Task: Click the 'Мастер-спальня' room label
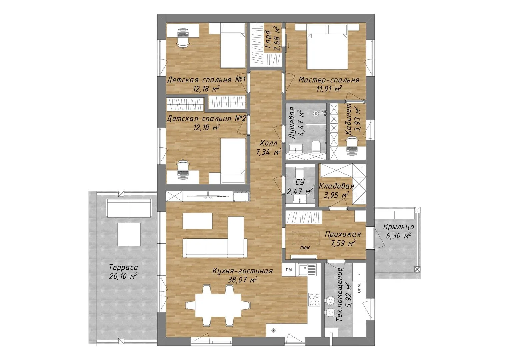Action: (329, 80)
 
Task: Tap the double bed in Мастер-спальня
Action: (327, 47)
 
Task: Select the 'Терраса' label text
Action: (124, 267)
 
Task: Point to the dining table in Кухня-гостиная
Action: (218, 305)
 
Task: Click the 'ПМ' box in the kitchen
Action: (289, 270)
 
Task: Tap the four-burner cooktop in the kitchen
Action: (314, 299)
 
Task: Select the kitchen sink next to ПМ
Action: (307, 270)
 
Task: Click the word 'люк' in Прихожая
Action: (304, 248)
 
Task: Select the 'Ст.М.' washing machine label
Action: (359, 291)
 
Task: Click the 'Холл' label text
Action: (268, 143)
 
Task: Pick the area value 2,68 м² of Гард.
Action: (277, 38)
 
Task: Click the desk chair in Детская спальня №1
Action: (183, 42)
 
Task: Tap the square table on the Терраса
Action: (129, 234)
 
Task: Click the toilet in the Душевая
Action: (316, 147)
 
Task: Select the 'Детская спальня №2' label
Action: (206, 119)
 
